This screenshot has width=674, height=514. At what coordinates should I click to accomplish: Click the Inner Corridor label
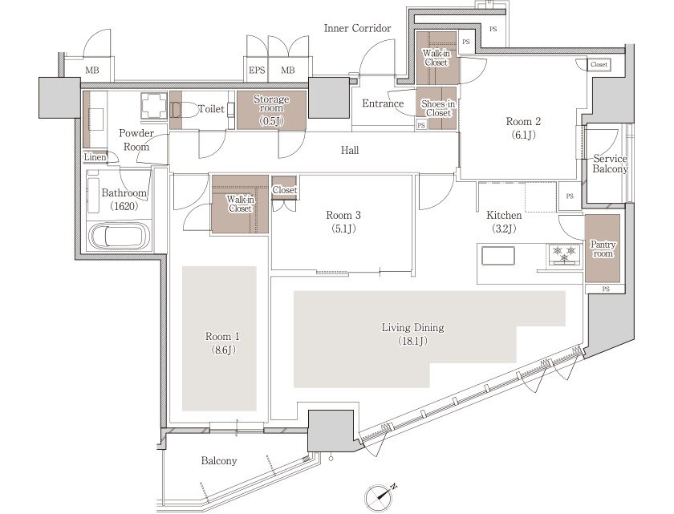coord(357,28)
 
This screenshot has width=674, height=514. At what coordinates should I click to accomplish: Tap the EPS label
coord(257,70)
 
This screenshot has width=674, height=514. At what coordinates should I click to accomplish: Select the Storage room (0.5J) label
coord(271,110)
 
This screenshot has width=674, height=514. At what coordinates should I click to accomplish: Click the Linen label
coord(95,157)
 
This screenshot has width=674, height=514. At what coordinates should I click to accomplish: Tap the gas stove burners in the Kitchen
coord(564,253)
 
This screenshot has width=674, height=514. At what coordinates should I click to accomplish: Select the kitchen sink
coord(498,256)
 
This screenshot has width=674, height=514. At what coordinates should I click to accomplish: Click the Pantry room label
coord(603,249)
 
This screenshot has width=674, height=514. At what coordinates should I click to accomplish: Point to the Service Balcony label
coord(610,164)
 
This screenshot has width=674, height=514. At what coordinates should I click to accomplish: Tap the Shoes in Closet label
coord(438,108)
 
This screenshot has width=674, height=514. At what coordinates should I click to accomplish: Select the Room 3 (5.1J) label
coord(343,221)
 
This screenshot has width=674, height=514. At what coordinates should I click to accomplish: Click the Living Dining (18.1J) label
coord(412,334)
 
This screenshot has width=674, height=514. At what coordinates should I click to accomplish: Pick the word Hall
coord(350,150)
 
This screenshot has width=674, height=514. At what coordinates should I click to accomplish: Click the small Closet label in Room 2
coord(599,64)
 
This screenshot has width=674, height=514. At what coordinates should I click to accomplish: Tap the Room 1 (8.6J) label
coord(222,342)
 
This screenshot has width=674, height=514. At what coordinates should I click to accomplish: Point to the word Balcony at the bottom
coord(219,461)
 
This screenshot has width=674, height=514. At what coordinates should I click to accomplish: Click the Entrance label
coord(383,103)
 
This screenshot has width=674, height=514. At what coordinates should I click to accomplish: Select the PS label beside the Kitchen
coord(570,196)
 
